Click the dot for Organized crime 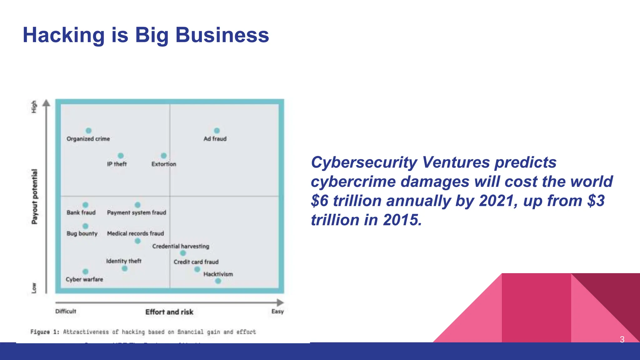[x=89, y=131]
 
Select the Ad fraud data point [x=217, y=131]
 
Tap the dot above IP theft [x=121, y=156]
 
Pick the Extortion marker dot [x=164, y=156]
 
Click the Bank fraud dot [x=85, y=205]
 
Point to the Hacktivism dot [x=218, y=281]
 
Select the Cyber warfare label [x=84, y=279]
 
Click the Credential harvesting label [x=181, y=246]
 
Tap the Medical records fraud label [x=135, y=233]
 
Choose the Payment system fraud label [x=137, y=212]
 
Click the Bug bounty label [x=82, y=233]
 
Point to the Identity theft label [x=124, y=261]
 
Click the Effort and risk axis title [x=169, y=312]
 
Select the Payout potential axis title [x=34, y=197]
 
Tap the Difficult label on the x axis [x=66, y=311]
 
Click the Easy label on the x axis [x=277, y=311]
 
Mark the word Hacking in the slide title [x=64, y=35]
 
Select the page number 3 [x=622, y=339]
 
